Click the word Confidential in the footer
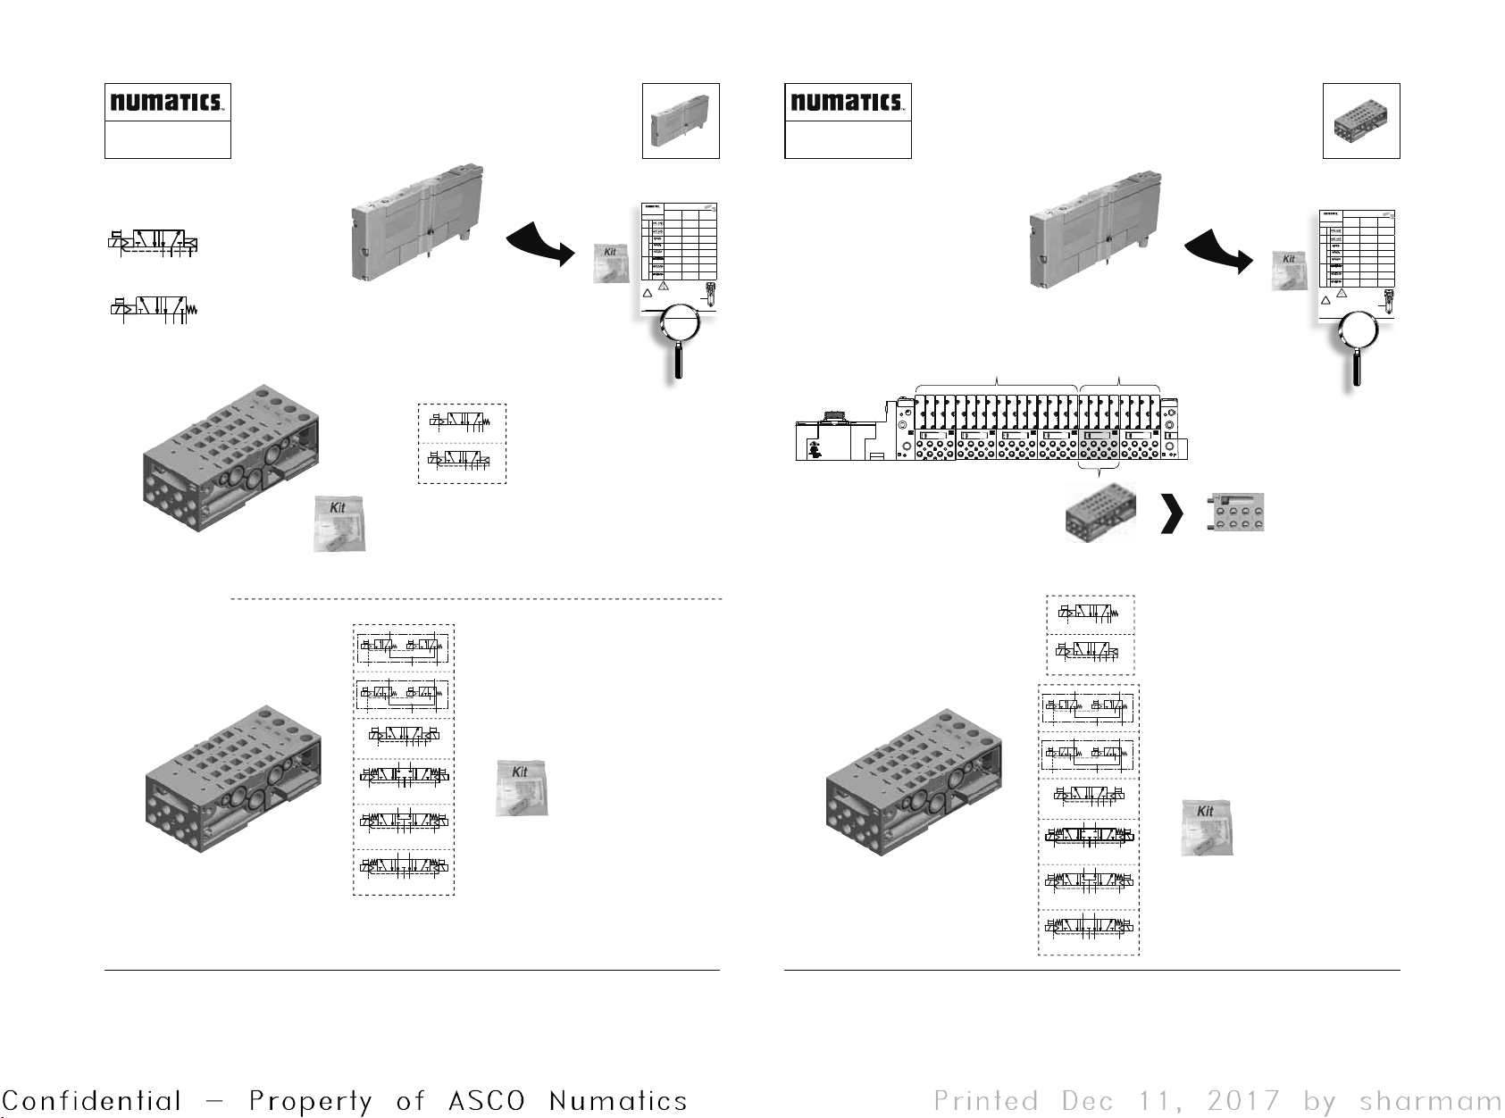point(91,1101)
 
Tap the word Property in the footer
point(310,1101)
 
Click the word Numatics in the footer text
point(618,1101)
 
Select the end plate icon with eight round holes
point(1236,513)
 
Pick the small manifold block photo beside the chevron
point(1100,513)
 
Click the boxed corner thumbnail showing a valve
point(681,121)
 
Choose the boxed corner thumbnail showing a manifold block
point(1360,121)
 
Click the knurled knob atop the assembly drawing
point(835,415)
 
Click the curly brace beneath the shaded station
point(1099,467)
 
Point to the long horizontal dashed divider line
point(475,599)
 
